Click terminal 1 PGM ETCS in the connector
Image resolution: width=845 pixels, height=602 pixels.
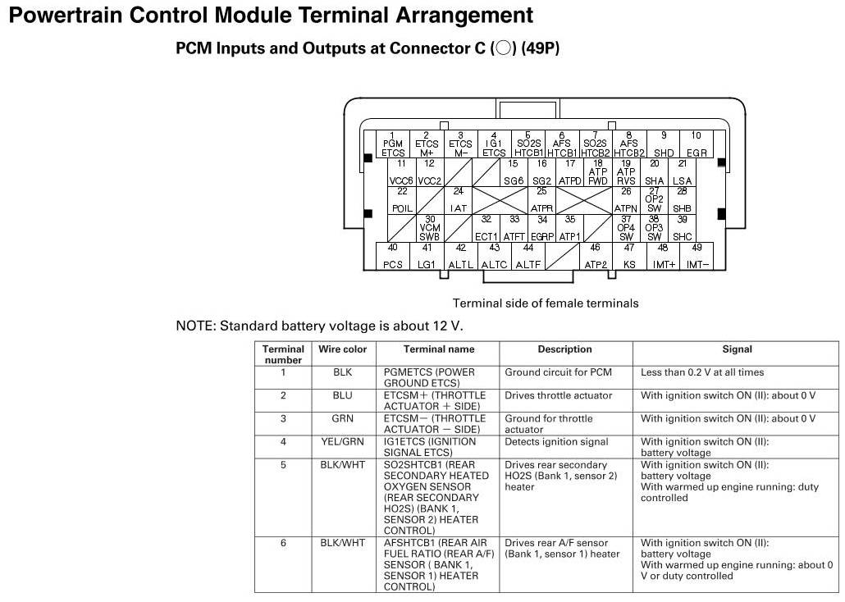[393, 144]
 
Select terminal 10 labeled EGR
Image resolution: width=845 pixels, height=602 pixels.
[696, 144]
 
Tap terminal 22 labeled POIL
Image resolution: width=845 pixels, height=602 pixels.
[402, 200]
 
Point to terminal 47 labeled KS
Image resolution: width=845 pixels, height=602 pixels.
[629, 256]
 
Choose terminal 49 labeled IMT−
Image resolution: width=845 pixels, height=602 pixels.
[697, 256]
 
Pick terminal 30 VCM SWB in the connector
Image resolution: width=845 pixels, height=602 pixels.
[430, 228]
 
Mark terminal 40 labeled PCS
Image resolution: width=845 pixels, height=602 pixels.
[393, 256]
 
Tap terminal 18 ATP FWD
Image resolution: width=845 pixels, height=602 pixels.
[598, 172]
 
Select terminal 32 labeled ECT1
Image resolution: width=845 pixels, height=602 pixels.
[486, 228]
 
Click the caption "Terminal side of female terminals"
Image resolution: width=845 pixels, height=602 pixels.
[546, 303]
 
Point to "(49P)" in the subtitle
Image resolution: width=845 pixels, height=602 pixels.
[540, 48]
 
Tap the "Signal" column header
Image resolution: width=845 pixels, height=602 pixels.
[737, 349]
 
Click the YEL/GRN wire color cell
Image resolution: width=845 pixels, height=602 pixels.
[343, 441]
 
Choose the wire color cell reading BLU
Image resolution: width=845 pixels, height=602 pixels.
[343, 395]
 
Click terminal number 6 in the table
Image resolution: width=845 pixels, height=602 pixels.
[283, 543]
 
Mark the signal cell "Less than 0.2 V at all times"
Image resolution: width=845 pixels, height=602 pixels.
[702, 372]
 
